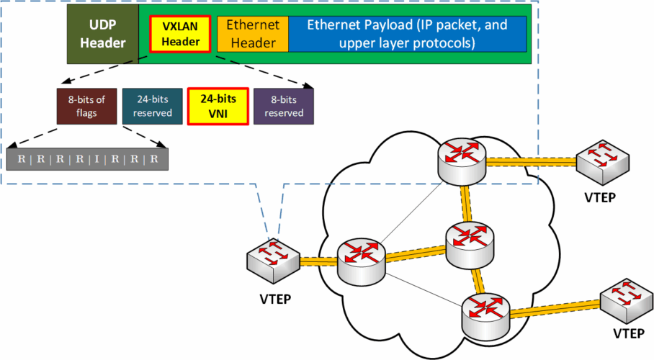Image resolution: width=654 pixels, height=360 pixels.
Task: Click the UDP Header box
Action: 102,34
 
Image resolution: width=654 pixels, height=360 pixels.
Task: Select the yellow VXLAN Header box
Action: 180,34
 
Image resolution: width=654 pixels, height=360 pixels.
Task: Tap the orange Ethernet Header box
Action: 252,34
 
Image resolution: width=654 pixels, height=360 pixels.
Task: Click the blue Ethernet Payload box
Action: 407,34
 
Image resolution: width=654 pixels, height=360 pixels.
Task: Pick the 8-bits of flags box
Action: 85,107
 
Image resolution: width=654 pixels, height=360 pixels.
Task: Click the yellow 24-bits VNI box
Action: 218,107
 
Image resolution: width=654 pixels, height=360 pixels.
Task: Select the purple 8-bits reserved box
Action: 284,107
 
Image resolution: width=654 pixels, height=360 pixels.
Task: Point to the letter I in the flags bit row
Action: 97,158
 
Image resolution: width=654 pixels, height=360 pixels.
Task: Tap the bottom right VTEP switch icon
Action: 623,301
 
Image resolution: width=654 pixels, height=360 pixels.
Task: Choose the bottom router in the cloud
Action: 485,315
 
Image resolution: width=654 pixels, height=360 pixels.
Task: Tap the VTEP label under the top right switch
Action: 599,197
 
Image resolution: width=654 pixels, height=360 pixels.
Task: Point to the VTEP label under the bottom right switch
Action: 629,334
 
